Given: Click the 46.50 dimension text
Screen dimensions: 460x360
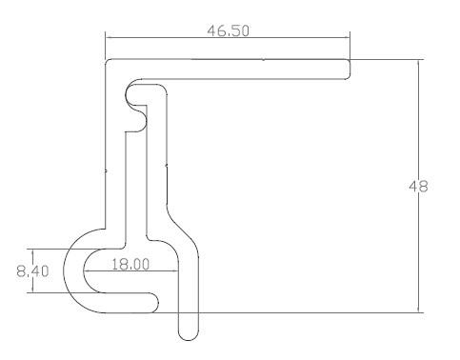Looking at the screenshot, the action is pos(229,30).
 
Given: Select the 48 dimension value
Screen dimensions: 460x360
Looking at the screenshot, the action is pos(418,186).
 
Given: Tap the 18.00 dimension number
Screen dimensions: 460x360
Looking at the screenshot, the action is pos(130,264).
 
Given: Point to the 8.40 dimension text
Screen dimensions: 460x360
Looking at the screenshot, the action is pos(32,271).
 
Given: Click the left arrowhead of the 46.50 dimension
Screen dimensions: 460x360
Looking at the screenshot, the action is pos(109,37).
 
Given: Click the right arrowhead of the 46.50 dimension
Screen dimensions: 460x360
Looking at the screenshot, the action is pos(346,37).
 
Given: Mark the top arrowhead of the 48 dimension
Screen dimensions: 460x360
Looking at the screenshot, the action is pos(418,63).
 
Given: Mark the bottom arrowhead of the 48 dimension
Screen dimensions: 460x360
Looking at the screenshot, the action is pos(418,309).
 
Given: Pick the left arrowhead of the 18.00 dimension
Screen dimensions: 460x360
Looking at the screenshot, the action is pos(87,270).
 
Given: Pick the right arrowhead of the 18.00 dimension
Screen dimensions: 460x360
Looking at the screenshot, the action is pos(174,270).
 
